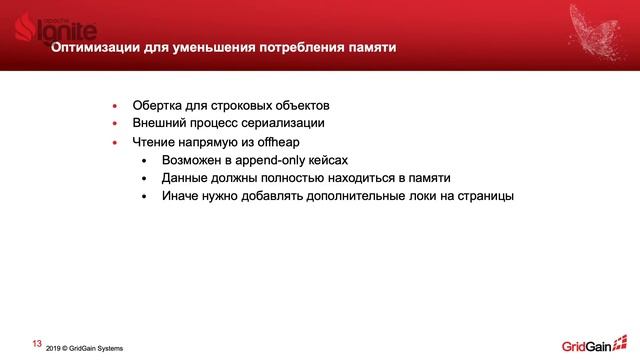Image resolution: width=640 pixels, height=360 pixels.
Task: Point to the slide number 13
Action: (x=37, y=343)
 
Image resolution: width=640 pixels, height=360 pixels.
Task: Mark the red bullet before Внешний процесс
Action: (x=114, y=124)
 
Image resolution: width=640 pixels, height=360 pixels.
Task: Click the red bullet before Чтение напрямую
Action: (x=114, y=143)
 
